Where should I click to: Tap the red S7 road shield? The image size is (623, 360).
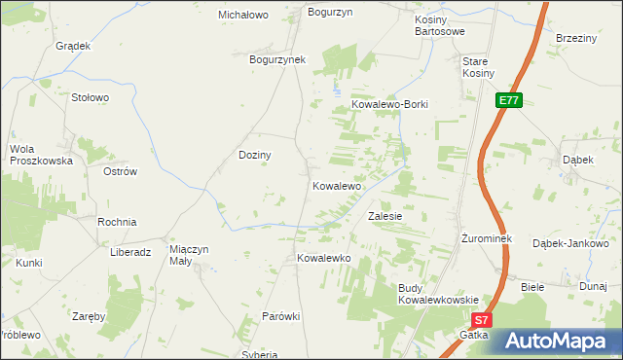[482, 319]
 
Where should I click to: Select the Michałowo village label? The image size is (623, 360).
[242, 16]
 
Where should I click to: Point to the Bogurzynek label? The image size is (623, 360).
[277, 59]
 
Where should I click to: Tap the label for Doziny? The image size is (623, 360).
[255, 155]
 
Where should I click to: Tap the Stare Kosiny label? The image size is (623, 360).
[478, 67]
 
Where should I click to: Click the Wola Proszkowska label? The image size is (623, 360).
[41, 155]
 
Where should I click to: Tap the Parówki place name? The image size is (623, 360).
[281, 317]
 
